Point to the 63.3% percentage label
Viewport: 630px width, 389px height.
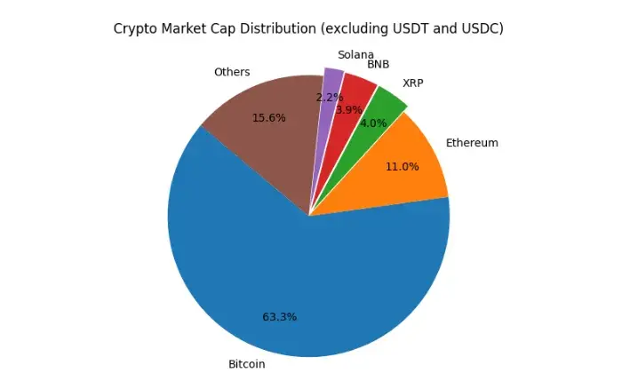tap(279, 317)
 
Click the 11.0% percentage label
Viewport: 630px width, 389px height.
tap(403, 166)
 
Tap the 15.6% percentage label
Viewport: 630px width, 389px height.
tap(269, 117)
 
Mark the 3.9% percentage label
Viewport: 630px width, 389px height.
tap(349, 109)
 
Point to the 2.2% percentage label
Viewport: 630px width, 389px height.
tap(329, 97)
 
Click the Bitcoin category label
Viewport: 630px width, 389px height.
tap(247, 364)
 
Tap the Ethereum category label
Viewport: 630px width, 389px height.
tap(472, 142)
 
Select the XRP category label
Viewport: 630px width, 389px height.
tap(413, 83)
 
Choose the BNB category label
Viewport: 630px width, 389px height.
tap(379, 64)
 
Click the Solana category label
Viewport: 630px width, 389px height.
tap(355, 54)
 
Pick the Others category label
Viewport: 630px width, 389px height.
tap(232, 72)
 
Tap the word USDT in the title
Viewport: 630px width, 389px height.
tap(408, 28)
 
